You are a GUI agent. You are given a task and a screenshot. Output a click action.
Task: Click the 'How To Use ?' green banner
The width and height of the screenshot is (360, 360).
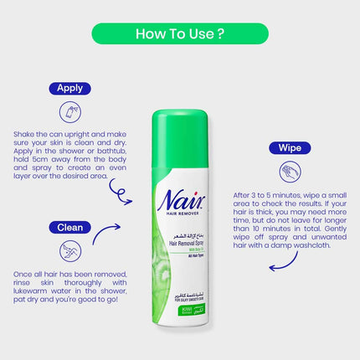[x=179, y=34]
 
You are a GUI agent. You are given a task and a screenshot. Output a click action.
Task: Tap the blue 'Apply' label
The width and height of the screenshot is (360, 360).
[x=70, y=87]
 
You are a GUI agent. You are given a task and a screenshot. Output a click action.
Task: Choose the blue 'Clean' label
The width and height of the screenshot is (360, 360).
[x=70, y=226]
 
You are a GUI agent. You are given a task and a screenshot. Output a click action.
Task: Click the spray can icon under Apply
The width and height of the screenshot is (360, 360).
[x=70, y=111]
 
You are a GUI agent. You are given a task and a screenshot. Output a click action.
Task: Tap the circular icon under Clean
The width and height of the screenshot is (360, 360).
[x=70, y=250]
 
